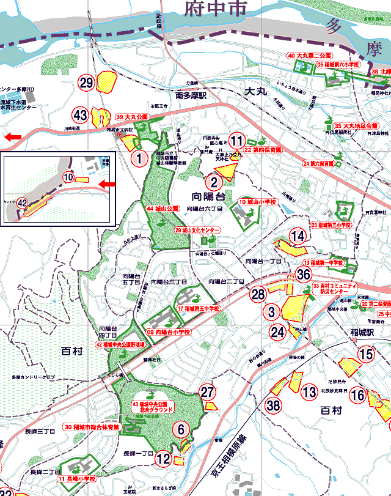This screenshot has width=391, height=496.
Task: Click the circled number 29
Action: click(x=86, y=83)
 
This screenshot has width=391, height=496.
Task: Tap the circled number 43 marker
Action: click(x=80, y=115)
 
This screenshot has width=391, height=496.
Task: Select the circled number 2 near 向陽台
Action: click(x=213, y=181)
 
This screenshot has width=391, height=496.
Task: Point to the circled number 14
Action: click(x=298, y=236)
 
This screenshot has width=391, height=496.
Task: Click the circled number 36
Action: click(x=304, y=275)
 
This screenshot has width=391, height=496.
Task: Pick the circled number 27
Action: click(x=208, y=393)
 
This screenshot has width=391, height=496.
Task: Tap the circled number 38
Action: click(x=273, y=405)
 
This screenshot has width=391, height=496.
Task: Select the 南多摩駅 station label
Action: click(x=191, y=97)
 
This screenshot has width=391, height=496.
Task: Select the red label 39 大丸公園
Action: click(x=132, y=116)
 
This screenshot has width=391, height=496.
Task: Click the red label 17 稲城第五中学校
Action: click(x=199, y=309)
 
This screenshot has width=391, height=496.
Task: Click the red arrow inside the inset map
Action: click(x=108, y=184)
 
